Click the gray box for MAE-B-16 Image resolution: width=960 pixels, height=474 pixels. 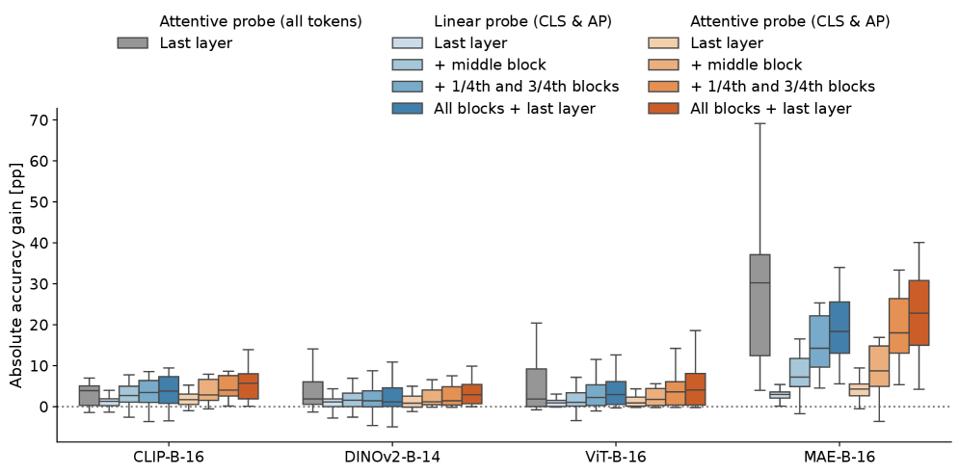click(x=760, y=304)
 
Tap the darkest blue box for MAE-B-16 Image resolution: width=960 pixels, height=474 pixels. click(x=839, y=328)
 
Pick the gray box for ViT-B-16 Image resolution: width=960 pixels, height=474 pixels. click(x=536, y=387)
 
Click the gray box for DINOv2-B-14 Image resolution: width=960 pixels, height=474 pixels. click(x=312, y=393)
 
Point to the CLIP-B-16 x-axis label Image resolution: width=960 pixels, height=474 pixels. click(x=169, y=457)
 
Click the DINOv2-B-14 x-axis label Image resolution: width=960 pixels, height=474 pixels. click(x=392, y=457)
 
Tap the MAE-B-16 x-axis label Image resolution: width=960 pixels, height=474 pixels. click(x=839, y=457)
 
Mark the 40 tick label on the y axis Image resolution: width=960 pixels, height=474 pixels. click(x=40, y=243)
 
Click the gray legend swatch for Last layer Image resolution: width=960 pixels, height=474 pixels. click(x=134, y=43)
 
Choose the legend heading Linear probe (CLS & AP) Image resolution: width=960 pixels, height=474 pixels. click(x=522, y=21)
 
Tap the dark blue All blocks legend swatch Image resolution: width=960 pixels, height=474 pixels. click(x=409, y=109)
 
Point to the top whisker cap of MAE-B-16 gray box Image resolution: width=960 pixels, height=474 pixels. click(x=760, y=123)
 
